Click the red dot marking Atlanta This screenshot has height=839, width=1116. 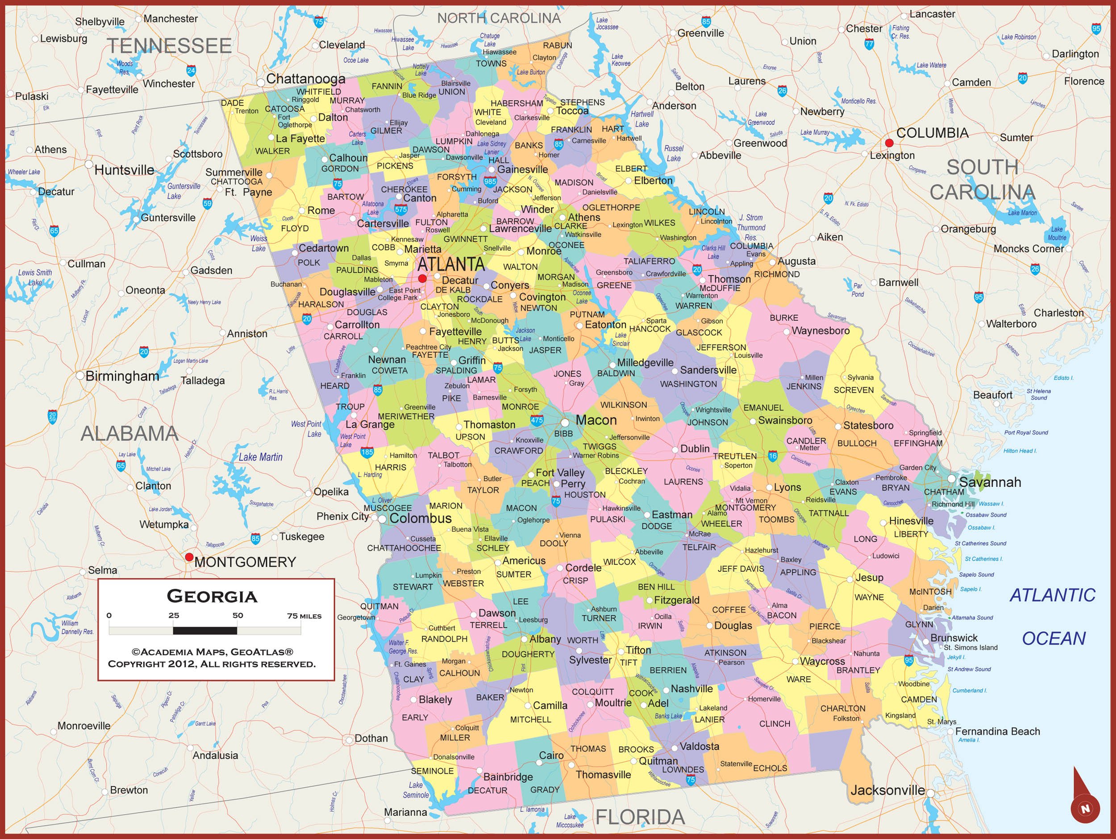(x=422, y=278)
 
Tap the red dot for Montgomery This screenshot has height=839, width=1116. (x=189, y=557)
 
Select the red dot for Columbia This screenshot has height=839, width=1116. (x=889, y=143)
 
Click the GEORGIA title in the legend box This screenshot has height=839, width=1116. (x=212, y=596)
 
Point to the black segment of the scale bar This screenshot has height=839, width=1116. (x=205, y=630)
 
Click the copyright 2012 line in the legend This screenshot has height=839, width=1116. (x=212, y=664)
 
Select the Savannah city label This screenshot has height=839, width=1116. (x=989, y=482)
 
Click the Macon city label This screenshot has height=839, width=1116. (x=596, y=420)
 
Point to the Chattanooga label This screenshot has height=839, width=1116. (x=305, y=79)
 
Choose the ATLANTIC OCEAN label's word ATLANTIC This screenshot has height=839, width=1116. (x=1053, y=595)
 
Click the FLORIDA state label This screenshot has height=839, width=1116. (x=640, y=817)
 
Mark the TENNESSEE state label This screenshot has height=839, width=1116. (x=169, y=46)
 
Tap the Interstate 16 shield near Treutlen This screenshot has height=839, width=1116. (x=773, y=456)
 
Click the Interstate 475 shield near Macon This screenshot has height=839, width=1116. (x=537, y=420)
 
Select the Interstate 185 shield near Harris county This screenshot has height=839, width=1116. (x=367, y=452)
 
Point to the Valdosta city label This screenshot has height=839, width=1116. (x=699, y=746)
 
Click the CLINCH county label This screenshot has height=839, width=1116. (x=775, y=723)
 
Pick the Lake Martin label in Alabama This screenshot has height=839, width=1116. (x=260, y=457)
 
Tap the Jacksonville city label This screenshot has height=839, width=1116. (x=887, y=790)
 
